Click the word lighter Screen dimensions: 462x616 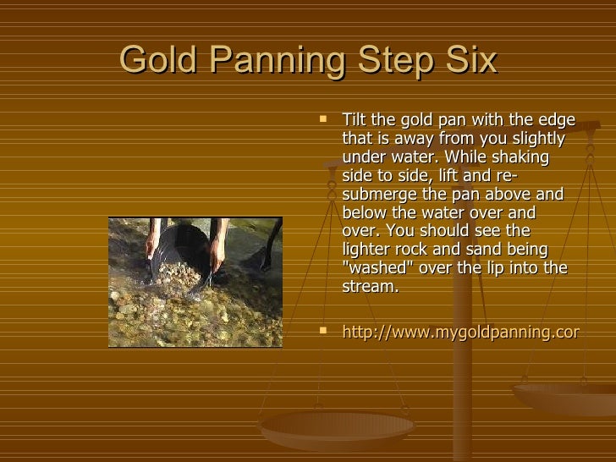[367, 250]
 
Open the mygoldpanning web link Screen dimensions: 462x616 [459, 333]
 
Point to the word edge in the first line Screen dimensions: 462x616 [558, 121]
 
